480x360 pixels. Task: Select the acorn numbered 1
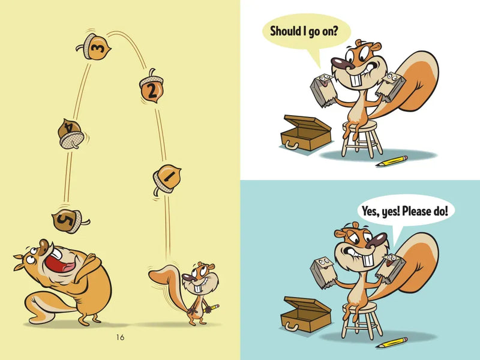(x=166, y=176)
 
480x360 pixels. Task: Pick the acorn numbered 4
(x=71, y=134)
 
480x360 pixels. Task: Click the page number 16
(x=120, y=337)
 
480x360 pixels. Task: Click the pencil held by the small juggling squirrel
(x=212, y=307)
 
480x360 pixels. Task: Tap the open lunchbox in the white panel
(x=307, y=133)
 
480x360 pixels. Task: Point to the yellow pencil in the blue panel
(x=391, y=343)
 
